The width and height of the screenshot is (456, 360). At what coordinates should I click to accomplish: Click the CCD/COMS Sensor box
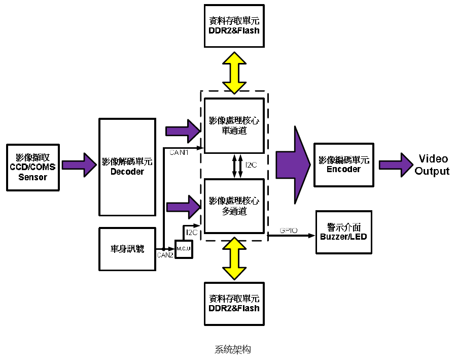coord(32,168)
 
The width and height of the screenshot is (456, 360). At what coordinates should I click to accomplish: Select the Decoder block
coord(127,167)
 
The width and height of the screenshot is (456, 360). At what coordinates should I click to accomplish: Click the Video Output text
coord(432,165)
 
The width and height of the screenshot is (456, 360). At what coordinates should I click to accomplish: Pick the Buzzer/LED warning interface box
coord(343,232)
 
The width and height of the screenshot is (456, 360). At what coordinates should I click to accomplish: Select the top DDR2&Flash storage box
coord(234,26)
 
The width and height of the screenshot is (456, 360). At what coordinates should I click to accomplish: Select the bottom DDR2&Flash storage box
coord(234,304)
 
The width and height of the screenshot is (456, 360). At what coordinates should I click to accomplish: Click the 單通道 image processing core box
coord(234,125)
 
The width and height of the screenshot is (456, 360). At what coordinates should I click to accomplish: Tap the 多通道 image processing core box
coord(234,206)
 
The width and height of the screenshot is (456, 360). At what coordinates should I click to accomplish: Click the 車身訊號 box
coord(127,249)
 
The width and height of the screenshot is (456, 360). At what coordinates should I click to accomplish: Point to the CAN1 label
coord(179,152)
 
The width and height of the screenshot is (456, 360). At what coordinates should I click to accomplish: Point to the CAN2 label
coord(165,255)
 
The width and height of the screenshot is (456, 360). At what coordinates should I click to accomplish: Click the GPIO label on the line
coord(289,231)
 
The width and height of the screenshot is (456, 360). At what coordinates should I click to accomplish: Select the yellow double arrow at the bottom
coord(234,257)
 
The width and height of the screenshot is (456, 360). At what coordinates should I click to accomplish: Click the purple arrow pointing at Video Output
coord(396,165)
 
